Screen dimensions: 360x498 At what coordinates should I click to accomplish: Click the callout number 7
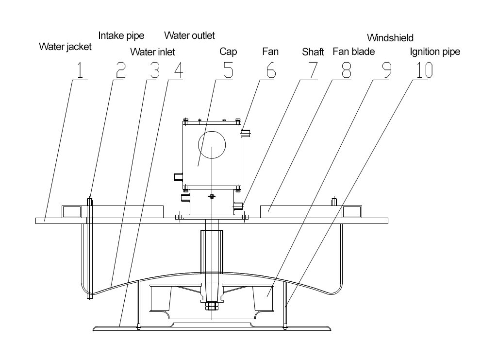point(311,71)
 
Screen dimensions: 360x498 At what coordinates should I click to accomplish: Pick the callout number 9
point(385,71)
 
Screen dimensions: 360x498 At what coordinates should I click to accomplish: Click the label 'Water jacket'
point(65,48)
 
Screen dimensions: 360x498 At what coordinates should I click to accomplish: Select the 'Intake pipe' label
point(121,35)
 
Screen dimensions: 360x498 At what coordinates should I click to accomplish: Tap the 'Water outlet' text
point(189,35)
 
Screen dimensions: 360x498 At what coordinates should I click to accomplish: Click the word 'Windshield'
point(390,37)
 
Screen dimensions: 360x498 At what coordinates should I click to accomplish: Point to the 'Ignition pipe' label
point(435,51)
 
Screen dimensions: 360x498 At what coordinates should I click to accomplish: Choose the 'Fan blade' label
point(353,51)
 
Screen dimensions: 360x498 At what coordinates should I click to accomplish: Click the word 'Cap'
point(228,51)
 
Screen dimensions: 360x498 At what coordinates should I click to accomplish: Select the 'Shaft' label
point(313,51)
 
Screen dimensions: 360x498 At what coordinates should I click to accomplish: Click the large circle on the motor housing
point(212,144)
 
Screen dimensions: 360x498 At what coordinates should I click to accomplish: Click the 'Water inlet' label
point(153,51)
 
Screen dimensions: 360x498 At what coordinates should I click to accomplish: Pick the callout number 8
point(346,71)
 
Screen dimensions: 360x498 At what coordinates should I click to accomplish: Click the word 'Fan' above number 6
point(270,51)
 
